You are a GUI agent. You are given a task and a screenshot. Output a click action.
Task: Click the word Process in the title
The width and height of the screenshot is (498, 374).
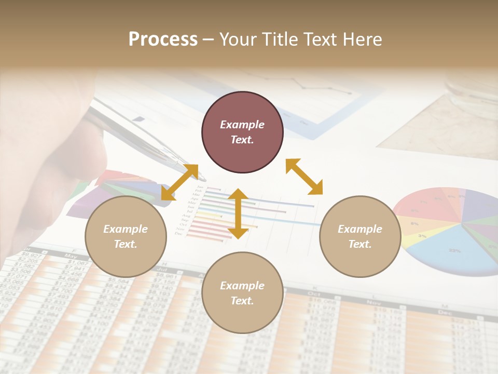[163, 39]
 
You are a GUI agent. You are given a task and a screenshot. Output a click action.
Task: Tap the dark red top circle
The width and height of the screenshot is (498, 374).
[242, 132]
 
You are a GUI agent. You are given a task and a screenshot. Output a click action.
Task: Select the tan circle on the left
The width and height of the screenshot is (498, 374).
[126, 236]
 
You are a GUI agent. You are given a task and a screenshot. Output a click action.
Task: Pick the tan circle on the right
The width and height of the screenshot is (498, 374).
[360, 236]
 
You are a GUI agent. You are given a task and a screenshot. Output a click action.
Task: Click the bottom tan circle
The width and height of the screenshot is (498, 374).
[242, 293]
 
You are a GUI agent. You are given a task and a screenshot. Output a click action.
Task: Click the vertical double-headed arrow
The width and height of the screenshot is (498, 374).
[238, 213]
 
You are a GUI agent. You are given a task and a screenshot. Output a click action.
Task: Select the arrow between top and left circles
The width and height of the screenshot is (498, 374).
[179, 182]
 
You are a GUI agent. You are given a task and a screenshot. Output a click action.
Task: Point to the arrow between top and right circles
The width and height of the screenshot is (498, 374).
[304, 177]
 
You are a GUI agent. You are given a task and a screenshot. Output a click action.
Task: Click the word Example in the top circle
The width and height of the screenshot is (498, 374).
[242, 125]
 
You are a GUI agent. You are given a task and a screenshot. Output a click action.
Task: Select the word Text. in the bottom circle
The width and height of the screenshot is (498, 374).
[242, 301]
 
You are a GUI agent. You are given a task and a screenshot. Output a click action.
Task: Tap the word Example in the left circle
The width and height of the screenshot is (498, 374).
[126, 229]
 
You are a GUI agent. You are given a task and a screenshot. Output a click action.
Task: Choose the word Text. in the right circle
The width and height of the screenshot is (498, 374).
[360, 244]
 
